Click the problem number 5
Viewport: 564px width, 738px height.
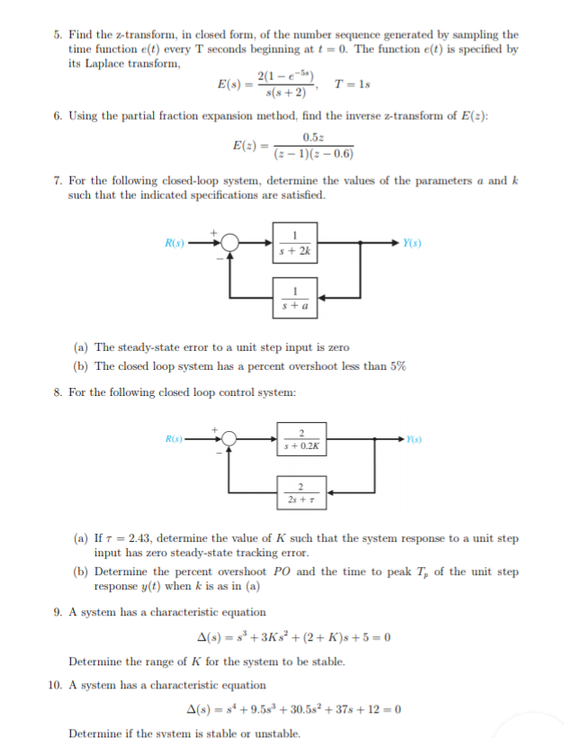pyautogui.click(x=56, y=35)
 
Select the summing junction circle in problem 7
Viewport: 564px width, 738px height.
pyautogui.click(x=231, y=242)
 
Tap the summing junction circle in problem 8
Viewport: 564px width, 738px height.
pyautogui.click(x=231, y=438)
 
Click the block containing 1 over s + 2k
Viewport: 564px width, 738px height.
pyautogui.click(x=296, y=243)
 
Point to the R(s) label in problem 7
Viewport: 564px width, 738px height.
pyautogui.click(x=176, y=241)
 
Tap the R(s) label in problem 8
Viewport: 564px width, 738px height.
pyautogui.click(x=176, y=438)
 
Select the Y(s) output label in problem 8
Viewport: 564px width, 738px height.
pyautogui.click(x=416, y=438)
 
